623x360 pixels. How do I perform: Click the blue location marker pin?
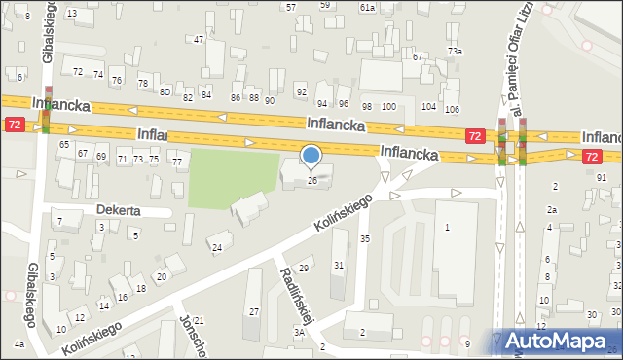click(x=311, y=156)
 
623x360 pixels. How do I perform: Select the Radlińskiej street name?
click(x=296, y=298)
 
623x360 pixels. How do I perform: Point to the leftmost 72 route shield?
click(x=14, y=125)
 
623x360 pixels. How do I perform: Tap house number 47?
click(x=199, y=40)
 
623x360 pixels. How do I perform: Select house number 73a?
click(x=455, y=51)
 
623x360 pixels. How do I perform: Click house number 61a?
click(x=367, y=7)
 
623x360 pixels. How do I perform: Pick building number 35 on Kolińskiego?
click(x=365, y=238)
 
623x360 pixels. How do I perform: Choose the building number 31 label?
click(x=339, y=265)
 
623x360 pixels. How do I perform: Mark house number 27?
click(x=254, y=311)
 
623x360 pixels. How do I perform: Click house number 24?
click(x=217, y=248)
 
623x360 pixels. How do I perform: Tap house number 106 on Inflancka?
click(x=453, y=108)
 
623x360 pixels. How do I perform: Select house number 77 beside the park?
click(x=177, y=162)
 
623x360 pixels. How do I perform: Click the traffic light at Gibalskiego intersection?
click(x=45, y=122)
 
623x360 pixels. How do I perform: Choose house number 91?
click(x=602, y=177)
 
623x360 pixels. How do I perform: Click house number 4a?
click(x=18, y=343)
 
